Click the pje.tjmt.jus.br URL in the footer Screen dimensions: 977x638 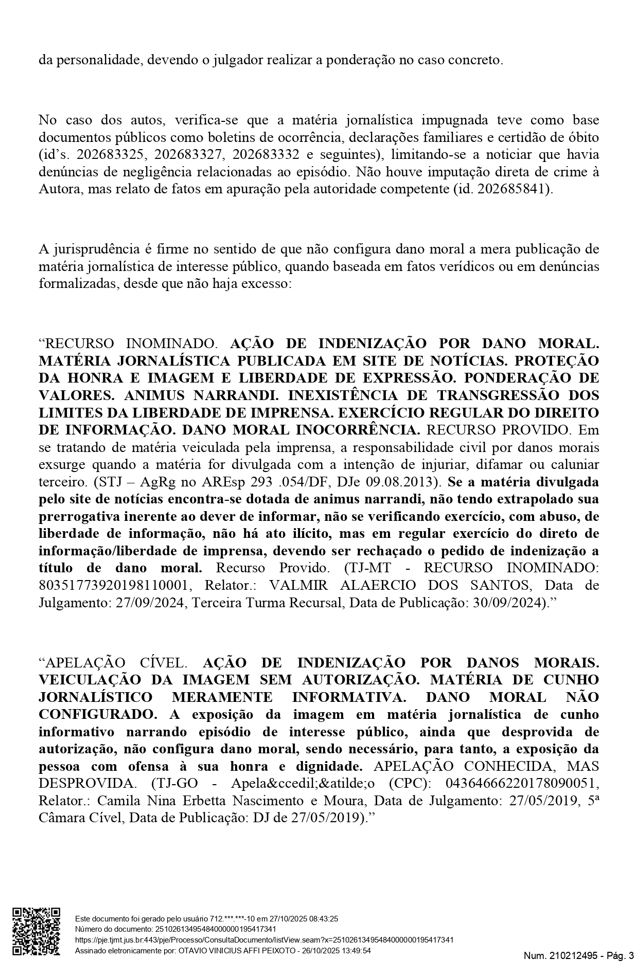pyautogui.click(x=264, y=940)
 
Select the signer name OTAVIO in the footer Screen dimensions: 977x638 pyautogui.click(x=194, y=951)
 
